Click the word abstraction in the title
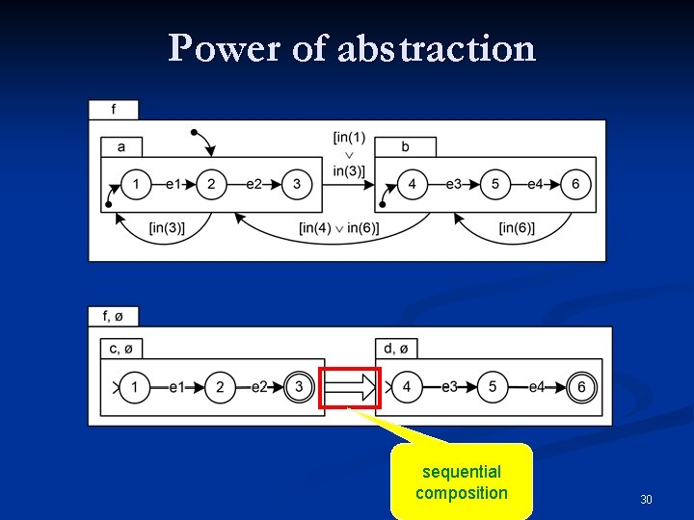(x=437, y=47)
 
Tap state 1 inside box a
(x=137, y=183)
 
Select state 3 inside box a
(x=297, y=183)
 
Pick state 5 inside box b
(x=494, y=183)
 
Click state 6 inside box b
(x=575, y=183)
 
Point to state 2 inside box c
(x=220, y=387)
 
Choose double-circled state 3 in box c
(x=299, y=387)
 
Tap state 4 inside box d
(x=407, y=387)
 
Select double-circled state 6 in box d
(x=581, y=387)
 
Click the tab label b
(x=405, y=146)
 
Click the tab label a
(x=121, y=146)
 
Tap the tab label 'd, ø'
(x=396, y=348)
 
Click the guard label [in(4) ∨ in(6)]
(x=338, y=227)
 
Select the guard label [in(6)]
(x=518, y=227)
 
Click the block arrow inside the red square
(x=351, y=388)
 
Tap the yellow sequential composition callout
(x=461, y=481)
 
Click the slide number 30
(x=646, y=499)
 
